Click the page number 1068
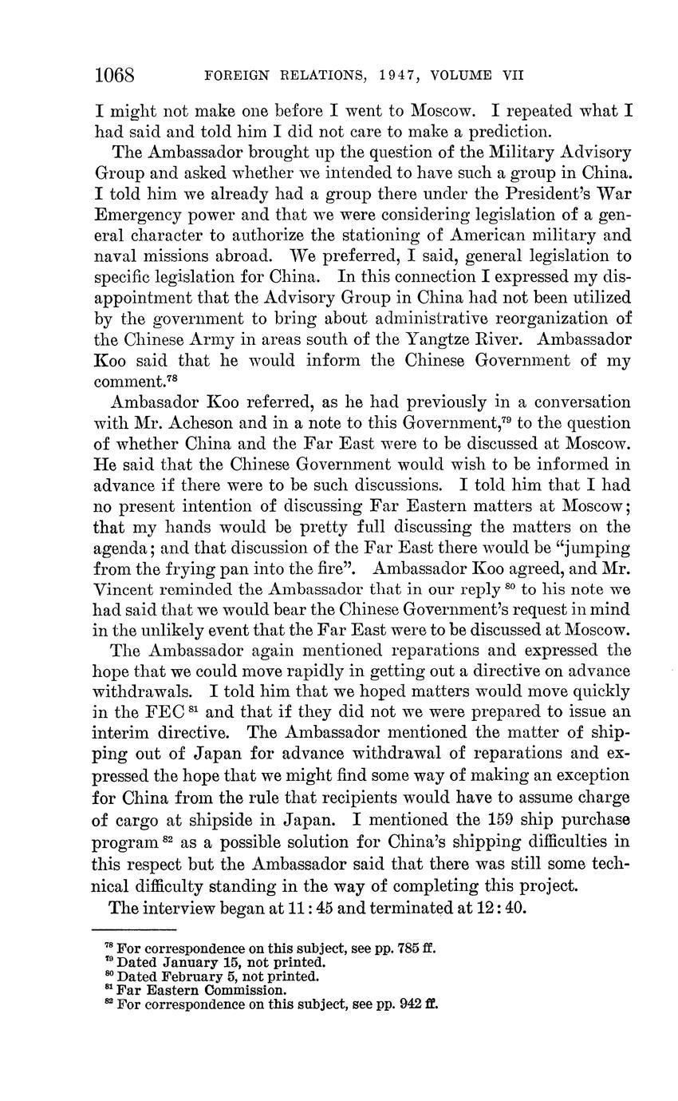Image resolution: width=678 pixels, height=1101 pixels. click(116, 75)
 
